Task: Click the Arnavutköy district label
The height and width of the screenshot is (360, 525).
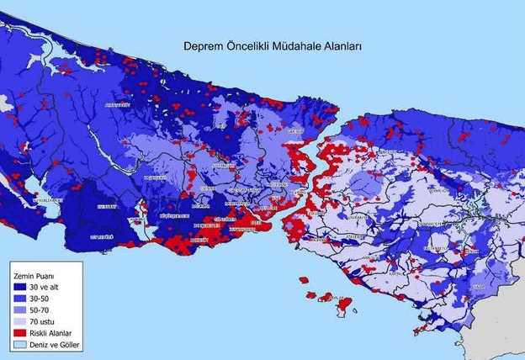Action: [x=117, y=104]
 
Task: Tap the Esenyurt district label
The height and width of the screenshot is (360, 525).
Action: [x=107, y=206]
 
